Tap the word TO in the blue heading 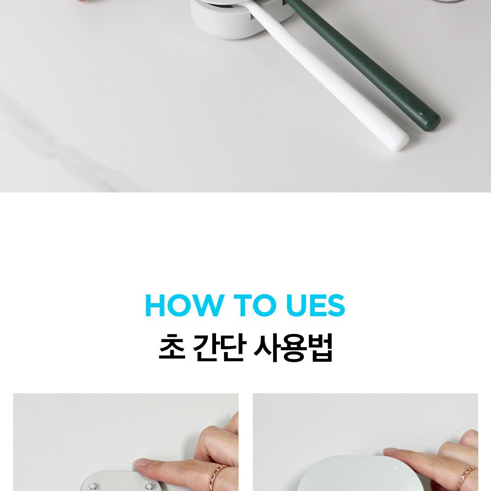click(x=254, y=305)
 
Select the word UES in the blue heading click(x=316, y=305)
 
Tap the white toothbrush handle click(x=329, y=78)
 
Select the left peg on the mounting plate click(x=93, y=486)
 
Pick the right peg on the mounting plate click(x=150, y=486)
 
